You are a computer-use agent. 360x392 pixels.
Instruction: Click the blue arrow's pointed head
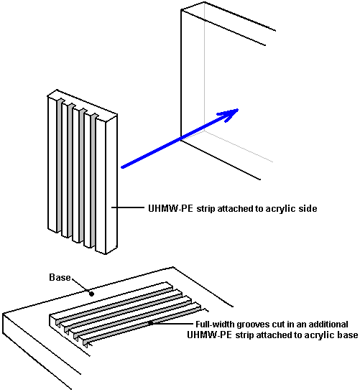(238, 109)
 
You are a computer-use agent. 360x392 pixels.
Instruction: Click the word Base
(60, 277)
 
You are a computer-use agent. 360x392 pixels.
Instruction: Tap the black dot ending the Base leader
(91, 294)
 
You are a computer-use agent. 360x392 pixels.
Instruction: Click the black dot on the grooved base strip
(151, 323)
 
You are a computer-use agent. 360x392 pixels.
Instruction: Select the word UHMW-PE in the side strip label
(170, 208)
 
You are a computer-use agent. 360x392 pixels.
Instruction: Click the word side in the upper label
(308, 208)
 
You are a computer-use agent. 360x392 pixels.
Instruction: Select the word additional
(328, 325)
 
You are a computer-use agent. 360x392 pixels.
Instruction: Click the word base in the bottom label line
(348, 335)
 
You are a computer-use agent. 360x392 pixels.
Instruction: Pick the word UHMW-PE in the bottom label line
(210, 335)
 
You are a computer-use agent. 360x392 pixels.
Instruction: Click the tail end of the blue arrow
(122, 167)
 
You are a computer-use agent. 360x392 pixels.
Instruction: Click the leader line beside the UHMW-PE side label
(128, 207)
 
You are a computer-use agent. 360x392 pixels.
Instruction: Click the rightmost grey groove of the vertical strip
(93, 181)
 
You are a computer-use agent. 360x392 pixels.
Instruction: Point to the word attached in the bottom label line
(274, 335)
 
